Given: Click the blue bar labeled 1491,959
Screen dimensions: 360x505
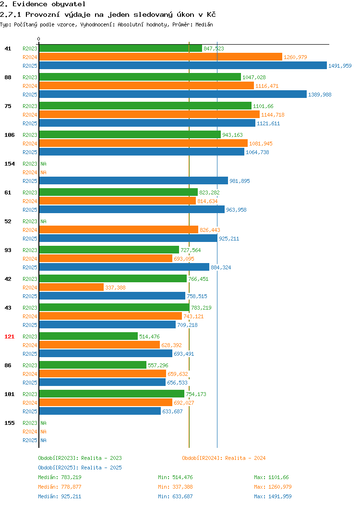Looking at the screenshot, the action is (183, 65).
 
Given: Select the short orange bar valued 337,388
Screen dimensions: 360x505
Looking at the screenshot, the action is (72, 287).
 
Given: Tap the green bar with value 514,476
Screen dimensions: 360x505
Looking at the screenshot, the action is (88, 336).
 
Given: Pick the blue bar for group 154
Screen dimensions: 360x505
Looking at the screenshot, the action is (133, 180).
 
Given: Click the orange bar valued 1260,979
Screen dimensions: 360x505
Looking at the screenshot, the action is (161, 57).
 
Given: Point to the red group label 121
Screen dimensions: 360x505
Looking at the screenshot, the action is (9, 337).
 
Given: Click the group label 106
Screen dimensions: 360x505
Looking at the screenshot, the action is (9, 135).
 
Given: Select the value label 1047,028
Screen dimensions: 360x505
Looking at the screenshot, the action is (254, 77).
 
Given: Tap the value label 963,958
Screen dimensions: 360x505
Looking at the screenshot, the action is (236, 210).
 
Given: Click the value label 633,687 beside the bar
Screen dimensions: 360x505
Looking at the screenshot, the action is (172, 411).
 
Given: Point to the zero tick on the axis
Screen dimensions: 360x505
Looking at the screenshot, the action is (39, 39).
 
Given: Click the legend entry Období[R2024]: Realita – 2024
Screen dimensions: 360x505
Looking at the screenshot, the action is (224, 458).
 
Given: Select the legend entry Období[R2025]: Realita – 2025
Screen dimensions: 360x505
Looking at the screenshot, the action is (80, 468).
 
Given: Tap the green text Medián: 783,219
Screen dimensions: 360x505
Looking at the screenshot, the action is (60, 477).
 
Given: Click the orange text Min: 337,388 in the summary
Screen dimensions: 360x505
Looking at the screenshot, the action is (175, 487).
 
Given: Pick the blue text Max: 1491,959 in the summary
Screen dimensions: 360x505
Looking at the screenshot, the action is (273, 497).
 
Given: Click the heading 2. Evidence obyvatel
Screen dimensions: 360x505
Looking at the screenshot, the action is (43, 4).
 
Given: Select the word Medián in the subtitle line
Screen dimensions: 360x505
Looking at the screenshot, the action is (204, 24).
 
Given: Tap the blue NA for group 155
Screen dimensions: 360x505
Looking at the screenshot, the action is (44, 440).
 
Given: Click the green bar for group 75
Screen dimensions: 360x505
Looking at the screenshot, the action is (145, 106).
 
